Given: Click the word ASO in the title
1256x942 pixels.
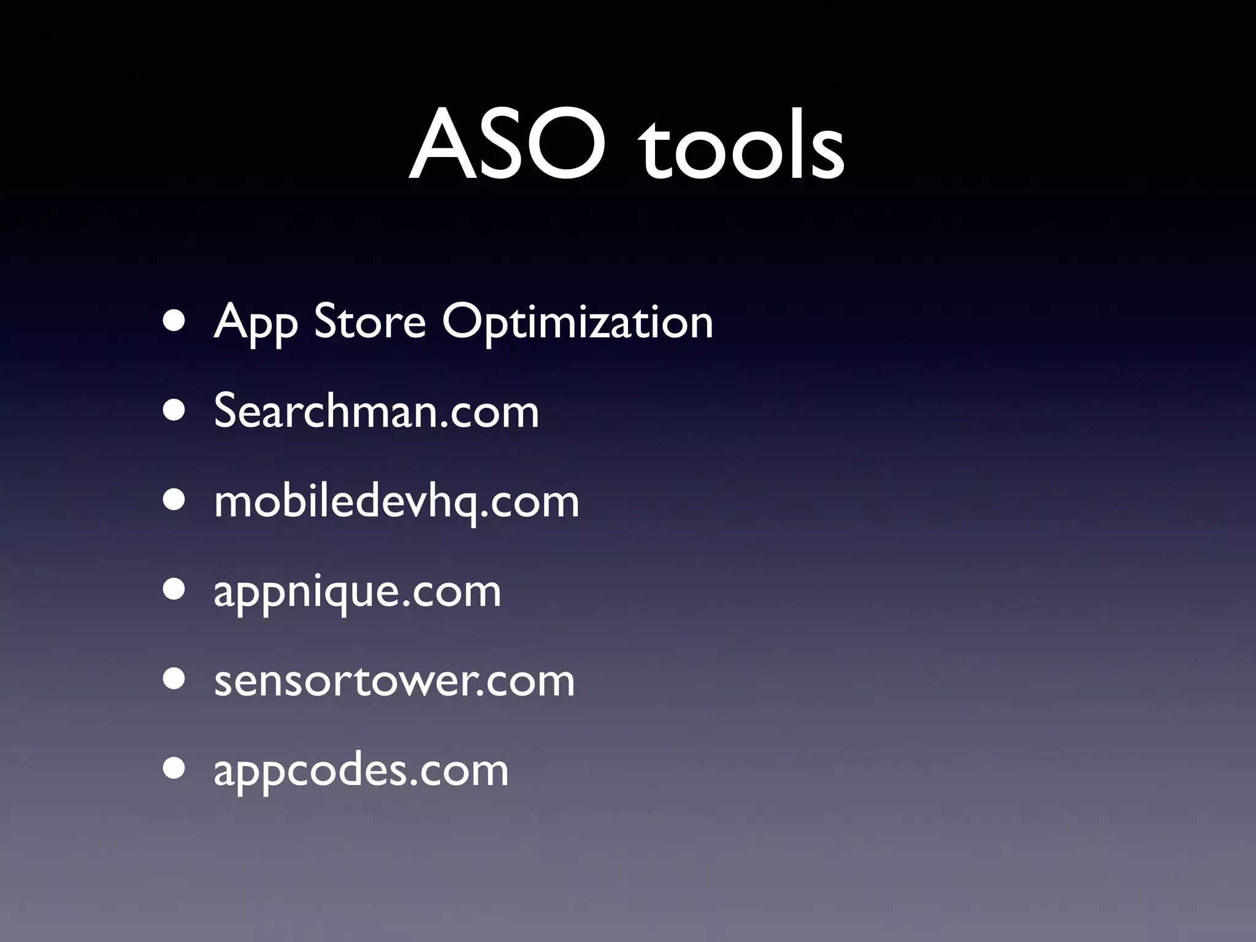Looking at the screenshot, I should (508, 145).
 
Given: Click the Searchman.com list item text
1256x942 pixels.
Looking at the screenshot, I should (376, 410).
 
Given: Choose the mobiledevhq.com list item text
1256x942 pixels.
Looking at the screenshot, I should (396, 502).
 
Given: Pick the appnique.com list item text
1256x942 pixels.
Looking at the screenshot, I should (357, 591).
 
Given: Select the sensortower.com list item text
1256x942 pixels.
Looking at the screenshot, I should (394, 680).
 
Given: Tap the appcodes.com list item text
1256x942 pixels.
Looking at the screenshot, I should (361, 770).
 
